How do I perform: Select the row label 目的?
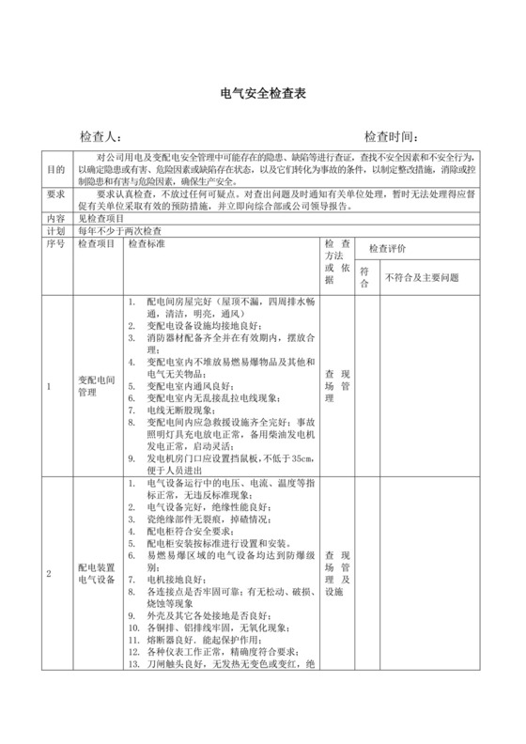point(55,170)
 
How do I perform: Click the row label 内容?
point(55,216)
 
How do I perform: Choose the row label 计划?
point(55,229)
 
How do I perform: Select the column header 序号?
point(55,243)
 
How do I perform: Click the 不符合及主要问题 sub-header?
point(422,278)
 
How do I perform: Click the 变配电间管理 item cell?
point(95,386)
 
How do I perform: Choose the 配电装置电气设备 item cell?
point(95,574)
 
